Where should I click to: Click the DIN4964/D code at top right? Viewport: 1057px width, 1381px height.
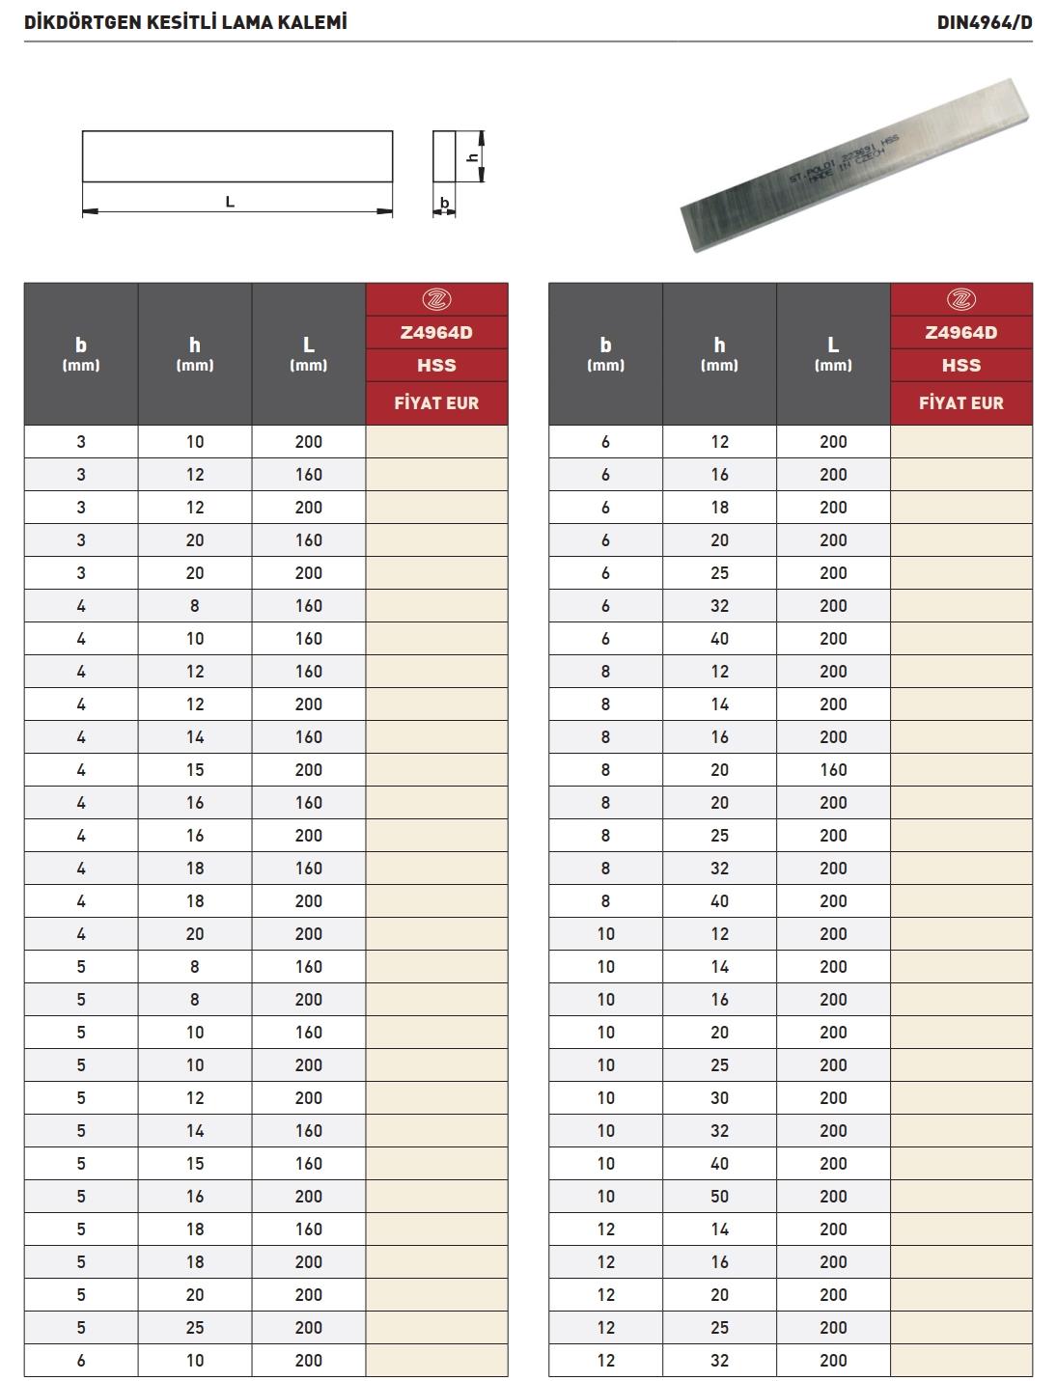point(984,22)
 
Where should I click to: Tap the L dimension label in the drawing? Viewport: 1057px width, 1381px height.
point(230,202)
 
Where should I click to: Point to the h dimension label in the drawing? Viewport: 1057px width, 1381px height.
point(472,156)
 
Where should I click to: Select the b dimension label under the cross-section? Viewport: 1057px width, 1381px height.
point(444,203)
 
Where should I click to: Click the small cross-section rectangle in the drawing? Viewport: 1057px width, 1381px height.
point(443,156)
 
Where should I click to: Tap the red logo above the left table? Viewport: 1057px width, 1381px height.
point(436,299)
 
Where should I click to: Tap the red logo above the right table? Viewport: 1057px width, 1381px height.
point(960,299)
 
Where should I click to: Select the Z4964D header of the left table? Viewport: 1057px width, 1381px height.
point(436,333)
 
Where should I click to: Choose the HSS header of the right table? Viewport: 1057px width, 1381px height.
point(960,366)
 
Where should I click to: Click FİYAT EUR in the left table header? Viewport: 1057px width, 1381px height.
point(436,403)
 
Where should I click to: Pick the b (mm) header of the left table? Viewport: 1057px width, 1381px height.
point(81,353)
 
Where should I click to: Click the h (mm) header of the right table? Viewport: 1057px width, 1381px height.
point(719,353)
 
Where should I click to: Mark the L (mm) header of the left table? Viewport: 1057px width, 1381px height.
point(309,353)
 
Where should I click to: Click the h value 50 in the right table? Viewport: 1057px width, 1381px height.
point(719,1197)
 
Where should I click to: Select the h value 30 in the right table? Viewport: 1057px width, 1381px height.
point(719,1098)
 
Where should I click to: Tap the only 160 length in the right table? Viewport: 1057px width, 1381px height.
point(833,770)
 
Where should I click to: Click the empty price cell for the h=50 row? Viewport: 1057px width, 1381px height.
point(960,1197)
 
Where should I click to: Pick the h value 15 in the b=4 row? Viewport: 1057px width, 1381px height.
point(195,770)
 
